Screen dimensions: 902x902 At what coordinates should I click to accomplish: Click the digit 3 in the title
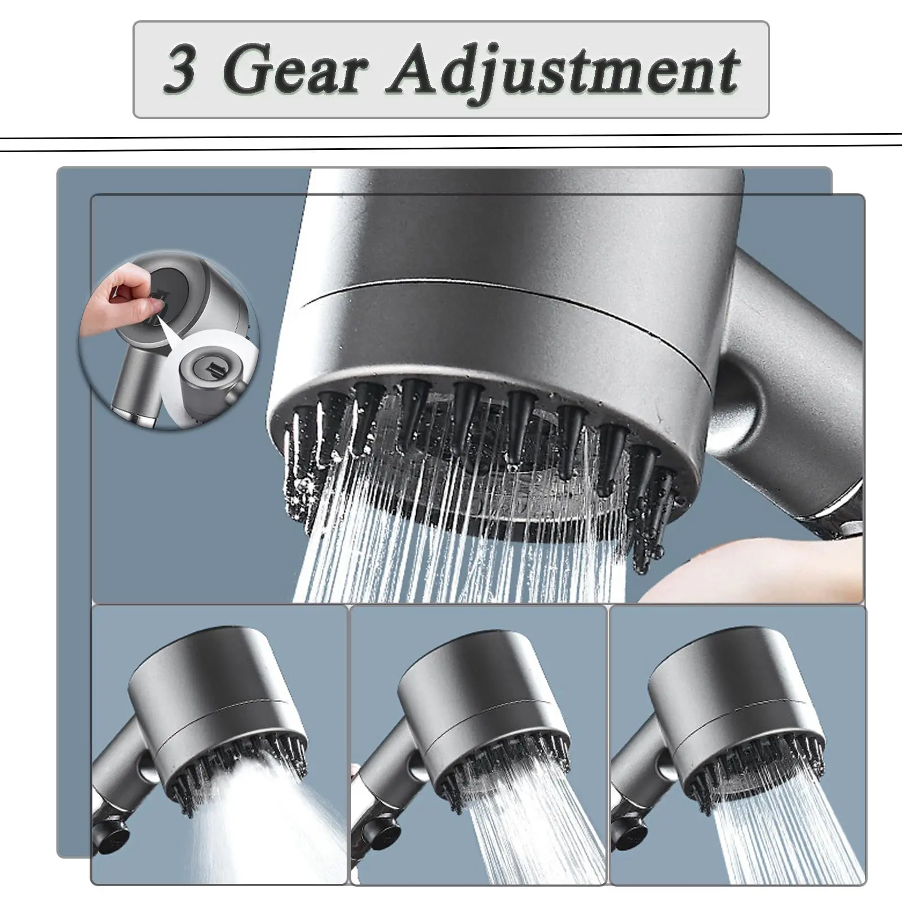point(181,70)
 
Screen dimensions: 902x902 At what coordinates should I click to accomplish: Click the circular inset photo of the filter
point(169,340)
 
